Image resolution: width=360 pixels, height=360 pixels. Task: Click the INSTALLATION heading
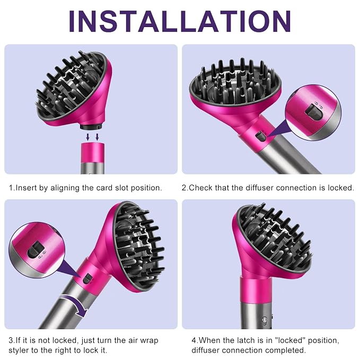pos(180,21)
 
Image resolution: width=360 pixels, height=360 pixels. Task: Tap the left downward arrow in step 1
pos(87,137)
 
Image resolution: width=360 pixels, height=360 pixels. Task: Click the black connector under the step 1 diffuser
pos(91,126)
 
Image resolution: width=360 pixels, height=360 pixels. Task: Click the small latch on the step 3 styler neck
pos(87,279)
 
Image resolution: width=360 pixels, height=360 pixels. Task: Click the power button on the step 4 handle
pos(265,320)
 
